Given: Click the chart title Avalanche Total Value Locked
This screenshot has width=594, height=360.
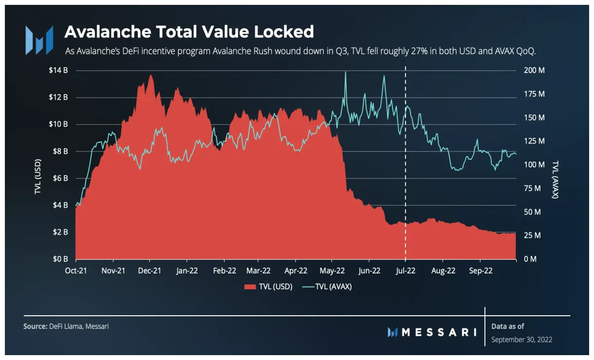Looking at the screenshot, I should pos(189,32).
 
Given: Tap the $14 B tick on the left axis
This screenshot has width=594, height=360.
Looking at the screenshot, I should pos(58,71).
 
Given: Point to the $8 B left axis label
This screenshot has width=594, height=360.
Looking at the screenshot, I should pos(59,151).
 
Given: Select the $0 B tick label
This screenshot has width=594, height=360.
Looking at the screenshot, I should pos(59,259).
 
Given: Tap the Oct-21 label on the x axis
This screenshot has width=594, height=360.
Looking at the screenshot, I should pos(75,270).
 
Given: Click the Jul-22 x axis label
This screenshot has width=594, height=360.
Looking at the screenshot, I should pos(405,270).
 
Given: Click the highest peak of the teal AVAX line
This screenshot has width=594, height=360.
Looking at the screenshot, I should pos(345,72).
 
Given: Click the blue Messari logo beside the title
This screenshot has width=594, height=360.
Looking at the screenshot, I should pos(39,40).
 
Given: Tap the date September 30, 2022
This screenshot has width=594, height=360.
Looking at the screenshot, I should pos(521,339).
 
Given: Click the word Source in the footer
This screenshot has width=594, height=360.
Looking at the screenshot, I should pos(35,326).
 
